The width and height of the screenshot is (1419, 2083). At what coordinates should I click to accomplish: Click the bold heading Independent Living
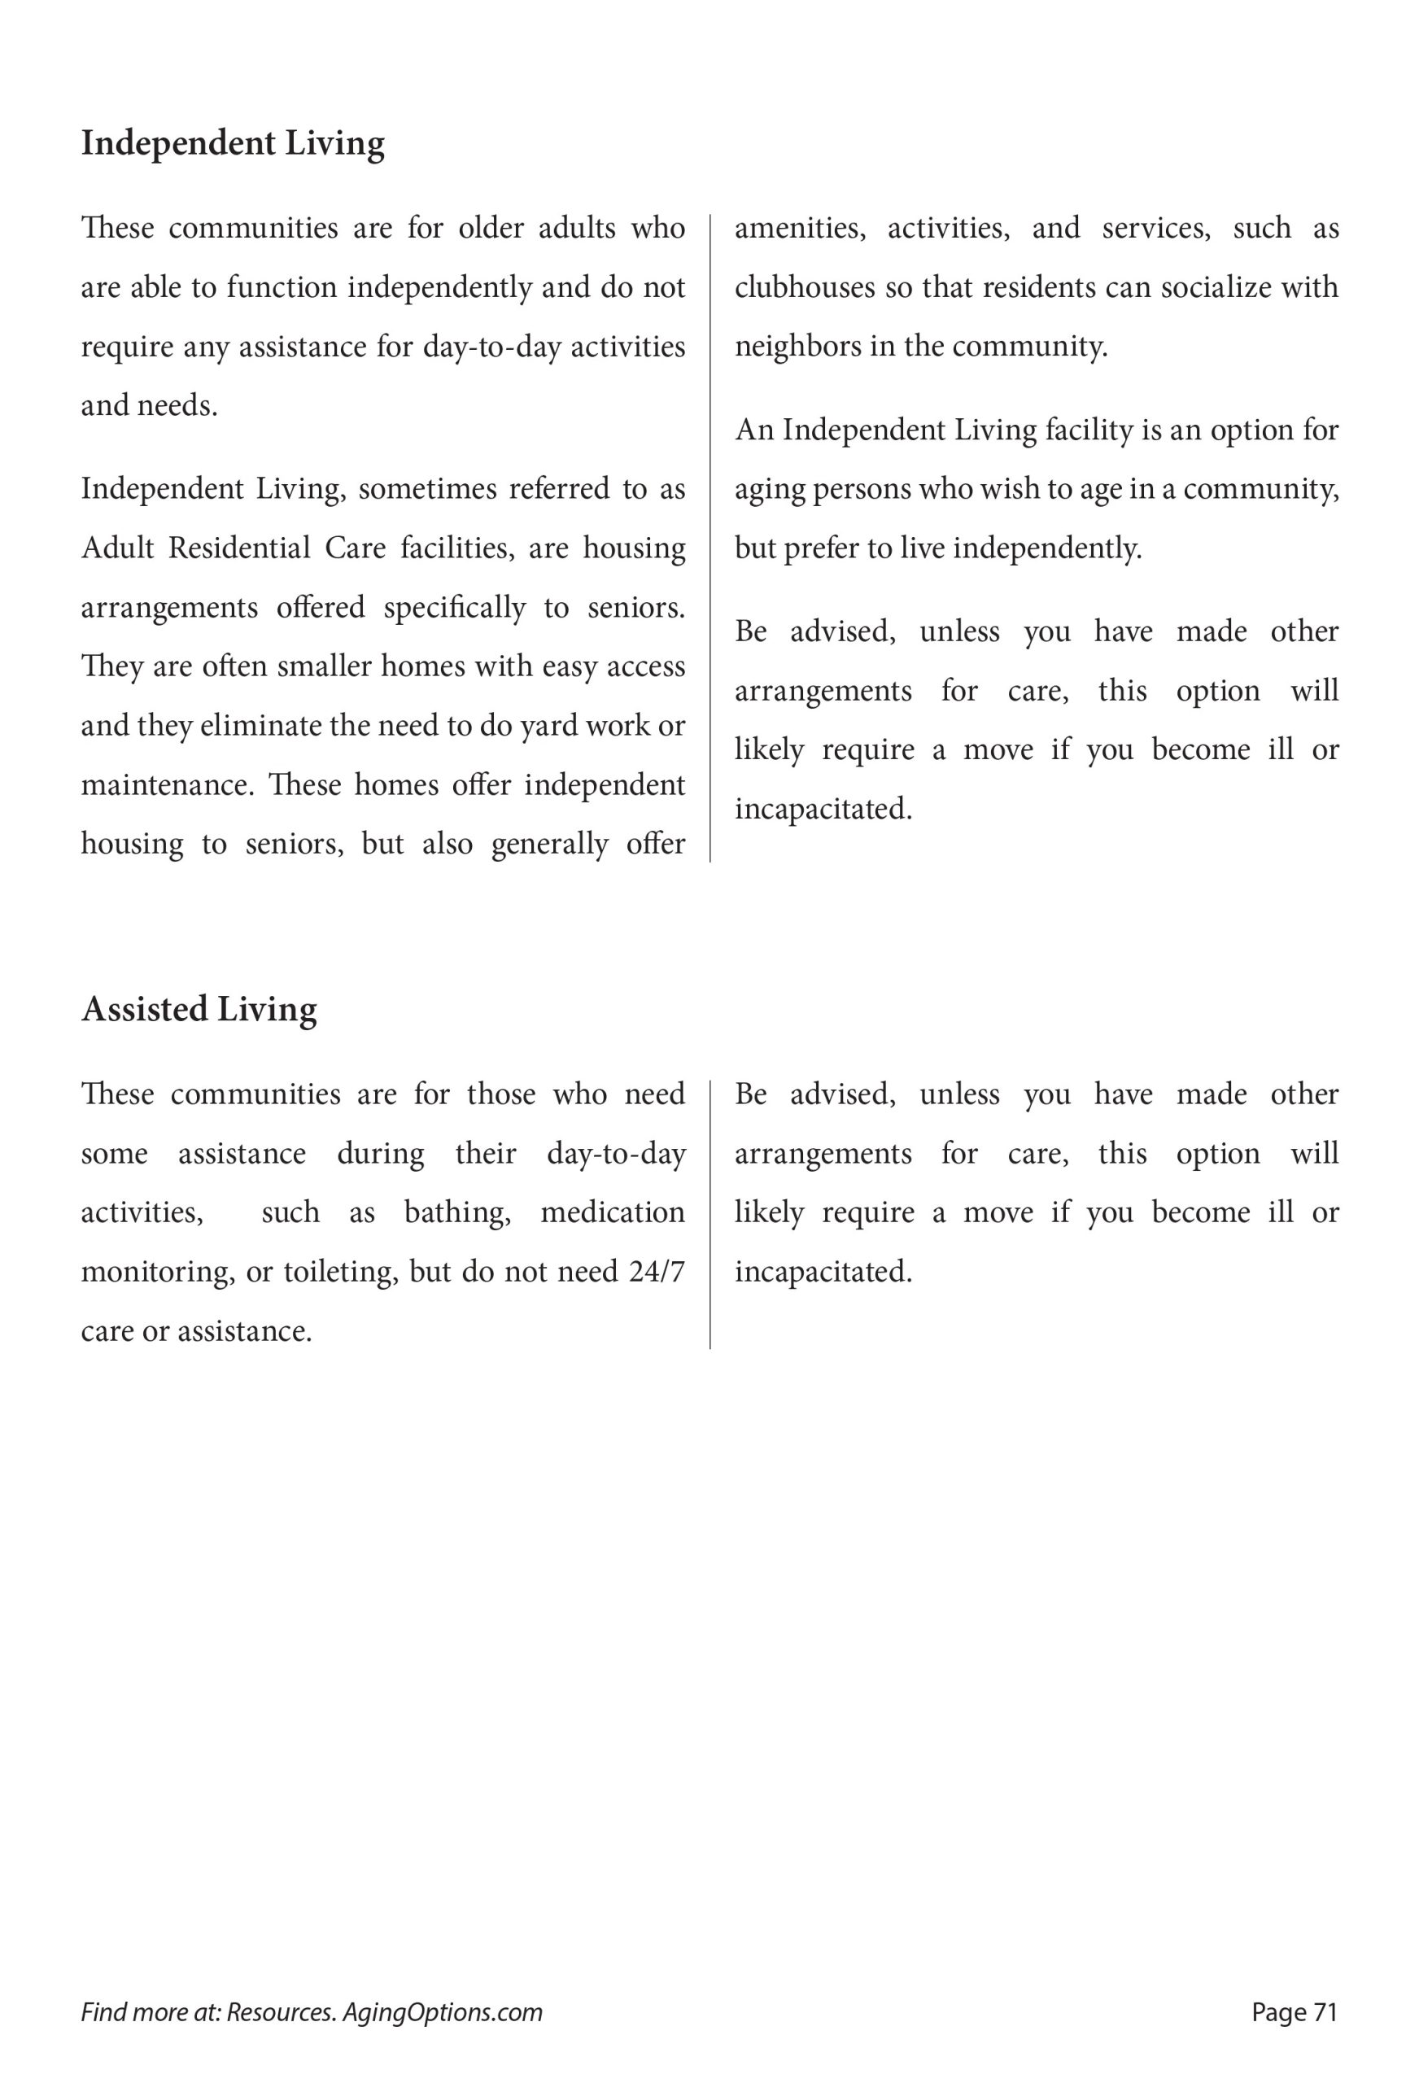(x=232, y=143)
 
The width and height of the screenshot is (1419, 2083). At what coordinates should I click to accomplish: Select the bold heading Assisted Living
(x=199, y=1009)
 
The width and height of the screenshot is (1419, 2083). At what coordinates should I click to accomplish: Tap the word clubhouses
(x=804, y=288)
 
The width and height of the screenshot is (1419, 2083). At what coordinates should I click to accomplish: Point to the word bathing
(x=457, y=1212)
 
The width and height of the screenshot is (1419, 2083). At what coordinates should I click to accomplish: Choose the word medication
(x=612, y=1212)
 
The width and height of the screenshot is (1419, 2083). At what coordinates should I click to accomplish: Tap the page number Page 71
(x=1294, y=2012)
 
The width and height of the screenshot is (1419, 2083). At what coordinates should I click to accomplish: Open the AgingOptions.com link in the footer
(x=442, y=2013)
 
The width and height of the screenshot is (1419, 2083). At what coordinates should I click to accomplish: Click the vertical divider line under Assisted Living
(x=710, y=1215)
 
